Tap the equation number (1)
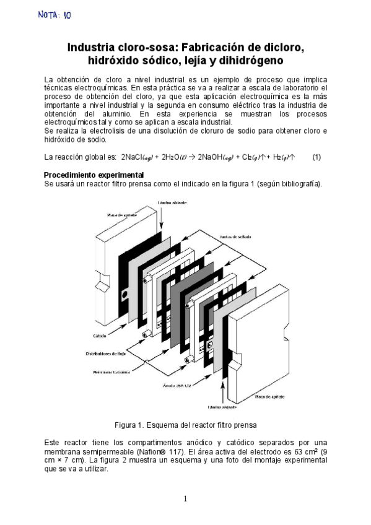[x=316, y=157]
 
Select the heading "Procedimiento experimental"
[x=94, y=175]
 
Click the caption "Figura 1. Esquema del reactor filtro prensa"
[x=185, y=425]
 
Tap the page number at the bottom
[x=185, y=498]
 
